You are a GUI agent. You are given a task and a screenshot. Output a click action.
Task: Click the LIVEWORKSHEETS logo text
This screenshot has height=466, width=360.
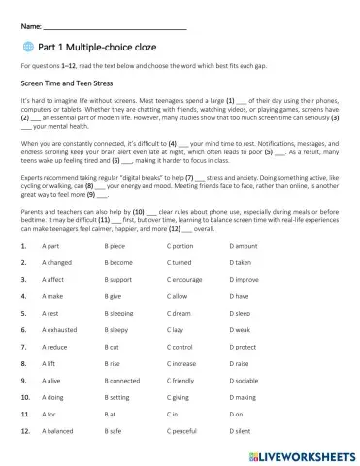pos(300,454)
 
